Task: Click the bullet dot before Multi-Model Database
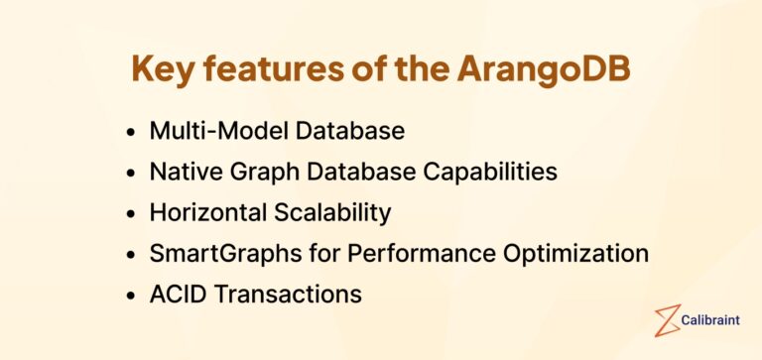pyautogui.click(x=132, y=132)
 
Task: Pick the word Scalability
pyautogui.click(x=327, y=212)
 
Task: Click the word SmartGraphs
pyautogui.click(x=213, y=253)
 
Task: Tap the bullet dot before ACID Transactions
pyautogui.click(x=132, y=296)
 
